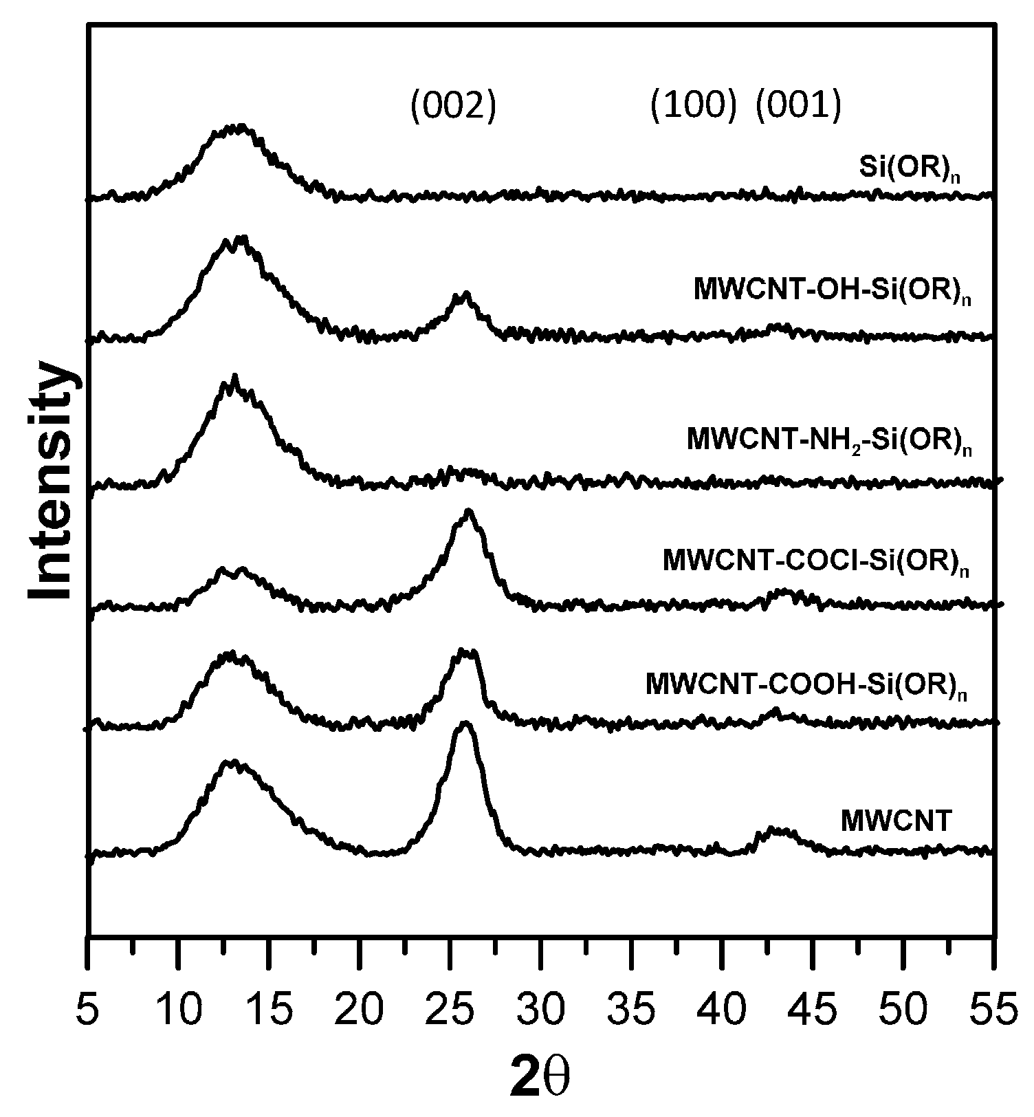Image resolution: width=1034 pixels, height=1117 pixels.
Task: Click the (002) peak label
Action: point(453,107)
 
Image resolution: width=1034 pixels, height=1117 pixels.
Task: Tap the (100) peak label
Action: point(693,107)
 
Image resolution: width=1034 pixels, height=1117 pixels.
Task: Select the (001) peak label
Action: point(798,107)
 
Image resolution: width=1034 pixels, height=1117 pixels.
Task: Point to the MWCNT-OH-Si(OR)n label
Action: point(833,290)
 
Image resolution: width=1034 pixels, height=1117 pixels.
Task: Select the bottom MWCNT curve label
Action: point(896,821)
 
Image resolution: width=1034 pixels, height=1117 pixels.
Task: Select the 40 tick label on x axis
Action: point(722,1012)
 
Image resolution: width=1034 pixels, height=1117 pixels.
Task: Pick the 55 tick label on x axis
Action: point(994,1012)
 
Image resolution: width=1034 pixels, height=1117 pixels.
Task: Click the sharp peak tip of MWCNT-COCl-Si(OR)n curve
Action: point(469,510)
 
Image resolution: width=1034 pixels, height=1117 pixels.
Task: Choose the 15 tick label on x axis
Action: point(269,1012)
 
